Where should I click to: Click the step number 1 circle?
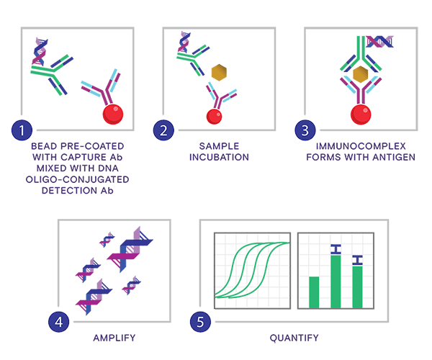22,130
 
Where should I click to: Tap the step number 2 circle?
163,130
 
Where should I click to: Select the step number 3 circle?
305,130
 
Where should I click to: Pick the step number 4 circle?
59,322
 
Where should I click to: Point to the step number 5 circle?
200,322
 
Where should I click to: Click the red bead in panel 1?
113,114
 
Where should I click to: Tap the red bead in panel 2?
214,117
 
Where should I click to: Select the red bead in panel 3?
361,114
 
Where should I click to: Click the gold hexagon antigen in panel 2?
219,73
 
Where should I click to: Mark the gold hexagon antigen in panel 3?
361,74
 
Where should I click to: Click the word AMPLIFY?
114,338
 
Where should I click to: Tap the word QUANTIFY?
294,338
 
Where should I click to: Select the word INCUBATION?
219,157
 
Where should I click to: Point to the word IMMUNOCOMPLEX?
361,146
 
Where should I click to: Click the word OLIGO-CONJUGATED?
78,179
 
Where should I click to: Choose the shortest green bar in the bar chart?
314,292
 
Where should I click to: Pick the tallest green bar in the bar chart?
336,282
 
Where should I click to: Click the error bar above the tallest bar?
336,249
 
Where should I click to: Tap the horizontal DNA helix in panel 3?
379,42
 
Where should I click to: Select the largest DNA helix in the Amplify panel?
130,250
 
